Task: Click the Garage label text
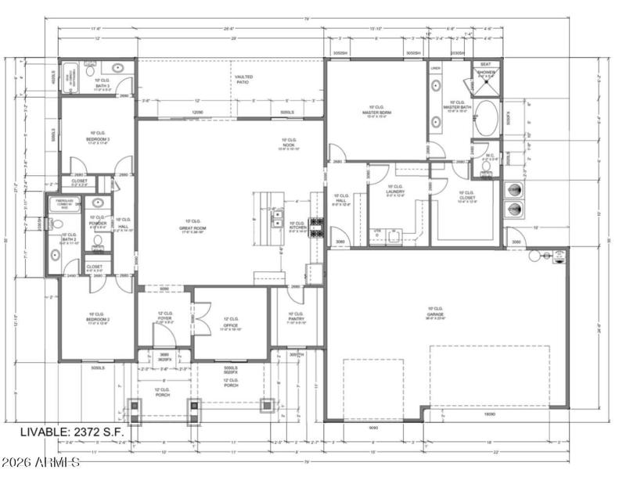coord(435,314)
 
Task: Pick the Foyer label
coord(164,318)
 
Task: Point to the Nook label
coord(289,144)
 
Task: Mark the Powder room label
coord(98,221)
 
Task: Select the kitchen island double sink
coord(278,217)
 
